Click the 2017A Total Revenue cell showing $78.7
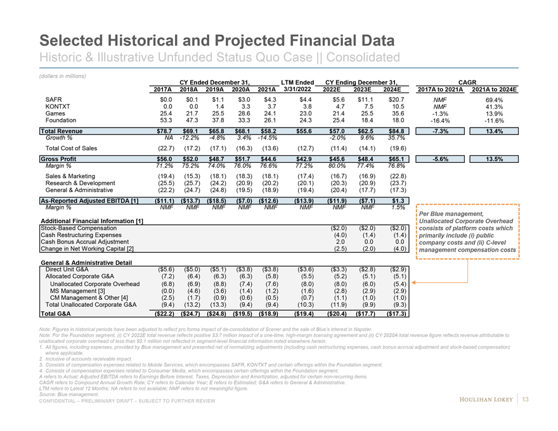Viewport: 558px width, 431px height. (164, 132)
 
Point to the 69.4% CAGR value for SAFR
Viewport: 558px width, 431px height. (494, 100)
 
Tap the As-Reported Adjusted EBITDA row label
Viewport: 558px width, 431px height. (89, 200)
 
